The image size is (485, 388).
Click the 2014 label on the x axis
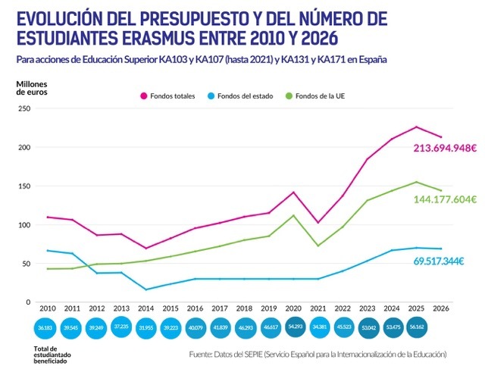click(x=146, y=310)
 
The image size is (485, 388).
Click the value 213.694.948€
click(x=444, y=149)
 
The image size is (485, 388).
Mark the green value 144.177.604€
click(x=444, y=199)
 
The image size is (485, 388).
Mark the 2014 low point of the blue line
click(x=146, y=289)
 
